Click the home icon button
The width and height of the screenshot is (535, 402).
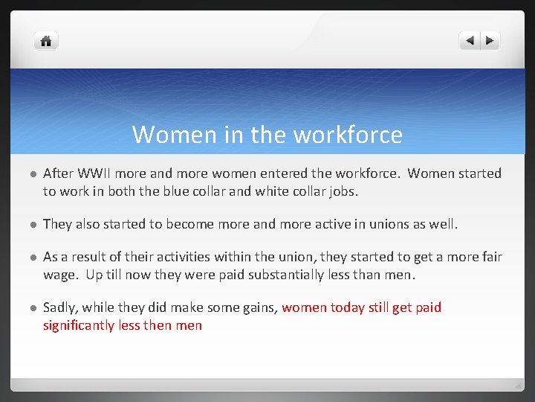click(46, 41)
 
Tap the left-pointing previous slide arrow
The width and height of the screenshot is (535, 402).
click(470, 41)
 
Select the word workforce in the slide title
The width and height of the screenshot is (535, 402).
click(348, 135)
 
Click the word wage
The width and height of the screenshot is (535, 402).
click(60, 275)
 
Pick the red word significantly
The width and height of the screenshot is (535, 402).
click(79, 325)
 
